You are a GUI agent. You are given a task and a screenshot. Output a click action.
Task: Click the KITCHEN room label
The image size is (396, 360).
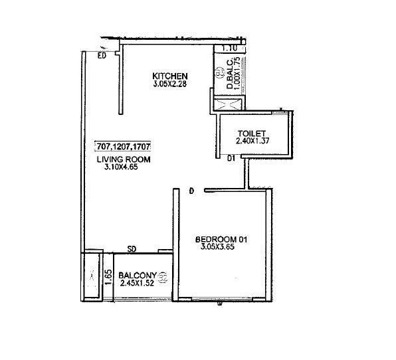pyautogui.click(x=170, y=76)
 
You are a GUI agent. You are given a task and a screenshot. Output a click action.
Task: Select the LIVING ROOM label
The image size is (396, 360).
pyautogui.click(x=124, y=160)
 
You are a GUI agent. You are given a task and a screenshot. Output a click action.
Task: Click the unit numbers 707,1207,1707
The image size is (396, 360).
pyautogui.click(x=124, y=146)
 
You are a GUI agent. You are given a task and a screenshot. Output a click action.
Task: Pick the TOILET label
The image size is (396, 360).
pyautogui.click(x=252, y=133)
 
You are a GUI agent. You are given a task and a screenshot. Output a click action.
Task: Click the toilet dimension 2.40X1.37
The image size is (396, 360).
pyautogui.click(x=252, y=141)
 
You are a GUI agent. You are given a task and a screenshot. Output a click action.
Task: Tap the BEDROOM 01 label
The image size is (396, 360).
pyautogui.click(x=222, y=238)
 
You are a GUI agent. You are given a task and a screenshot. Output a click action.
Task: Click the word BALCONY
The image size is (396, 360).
pyautogui.click(x=137, y=276)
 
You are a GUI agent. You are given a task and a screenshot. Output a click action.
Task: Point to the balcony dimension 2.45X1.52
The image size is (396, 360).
pyautogui.click(x=137, y=284)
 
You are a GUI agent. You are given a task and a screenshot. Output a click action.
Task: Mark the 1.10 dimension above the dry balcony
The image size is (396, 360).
pyautogui.click(x=229, y=48)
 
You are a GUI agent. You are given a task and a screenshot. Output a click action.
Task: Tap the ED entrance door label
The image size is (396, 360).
pyautogui.click(x=102, y=56)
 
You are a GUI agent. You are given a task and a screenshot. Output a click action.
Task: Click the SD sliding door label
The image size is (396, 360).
pyautogui.click(x=132, y=250)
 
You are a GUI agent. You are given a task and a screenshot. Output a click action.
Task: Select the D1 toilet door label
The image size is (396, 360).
pyautogui.click(x=231, y=159)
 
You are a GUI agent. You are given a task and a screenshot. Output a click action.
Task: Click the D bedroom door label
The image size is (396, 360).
pyautogui.click(x=191, y=192)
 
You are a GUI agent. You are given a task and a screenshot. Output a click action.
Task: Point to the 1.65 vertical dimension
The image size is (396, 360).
pyautogui.click(x=106, y=274)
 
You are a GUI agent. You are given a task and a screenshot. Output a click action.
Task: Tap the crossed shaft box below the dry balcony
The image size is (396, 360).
pyautogui.click(x=229, y=104)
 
